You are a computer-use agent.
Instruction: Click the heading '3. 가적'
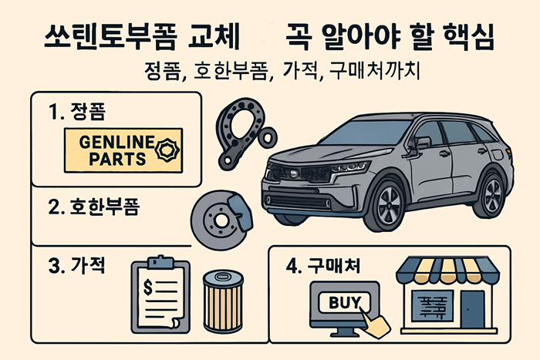(76, 267)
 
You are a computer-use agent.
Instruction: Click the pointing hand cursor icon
(376, 323)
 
